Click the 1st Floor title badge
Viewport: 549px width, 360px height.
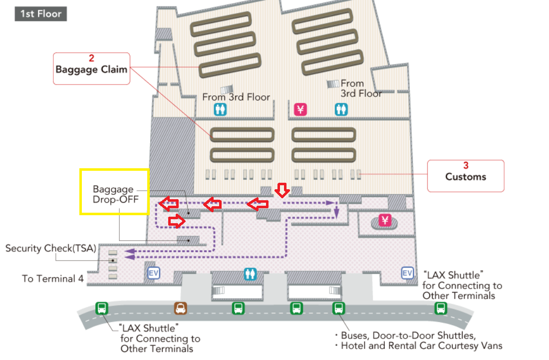pos(40,14)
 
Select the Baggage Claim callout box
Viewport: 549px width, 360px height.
pos(91,68)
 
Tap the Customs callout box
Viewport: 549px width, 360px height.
pos(466,176)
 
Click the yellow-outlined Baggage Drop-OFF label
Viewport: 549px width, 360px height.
pos(114,192)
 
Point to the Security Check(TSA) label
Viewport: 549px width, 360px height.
pos(51,248)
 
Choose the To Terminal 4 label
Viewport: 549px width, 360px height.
pos(53,279)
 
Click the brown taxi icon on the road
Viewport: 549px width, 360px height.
pos(181,308)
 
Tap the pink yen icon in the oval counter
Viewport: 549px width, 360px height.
pos(385,220)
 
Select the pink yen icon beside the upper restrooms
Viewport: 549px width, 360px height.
pos(300,110)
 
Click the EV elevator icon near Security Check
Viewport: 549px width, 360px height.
pos(153,273)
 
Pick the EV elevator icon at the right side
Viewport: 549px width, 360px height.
pos(407,273)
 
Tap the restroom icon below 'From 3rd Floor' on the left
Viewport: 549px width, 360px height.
pos(220,110)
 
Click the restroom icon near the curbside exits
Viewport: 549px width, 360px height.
pos(251,274)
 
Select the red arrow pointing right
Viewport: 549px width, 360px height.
pos(177,221)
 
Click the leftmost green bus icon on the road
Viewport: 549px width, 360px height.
pos(102,309)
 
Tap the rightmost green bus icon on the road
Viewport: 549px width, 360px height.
pos(441,308)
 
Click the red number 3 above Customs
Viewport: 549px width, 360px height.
pos(466,165)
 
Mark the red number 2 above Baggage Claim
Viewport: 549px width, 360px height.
pos(91,58)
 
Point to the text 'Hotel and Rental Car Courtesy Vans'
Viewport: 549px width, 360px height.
pos(422,346)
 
